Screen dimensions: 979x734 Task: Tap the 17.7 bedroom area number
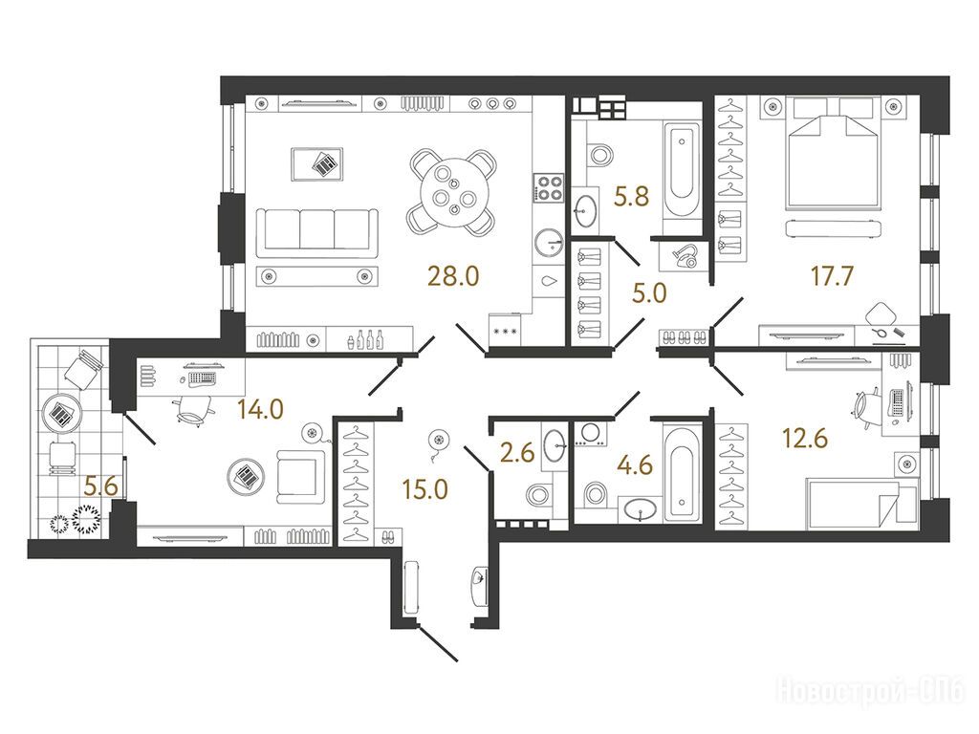[832, 275]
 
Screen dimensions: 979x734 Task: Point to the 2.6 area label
[517, 451]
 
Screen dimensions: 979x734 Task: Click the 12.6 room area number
[805, 438]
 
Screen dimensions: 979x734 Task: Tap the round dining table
[453, 191]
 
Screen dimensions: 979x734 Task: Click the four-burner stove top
[549, 187]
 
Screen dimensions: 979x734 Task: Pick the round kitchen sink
[550, 242]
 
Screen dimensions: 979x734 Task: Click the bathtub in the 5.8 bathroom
[681, 169]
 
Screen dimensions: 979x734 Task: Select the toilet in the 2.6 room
[538, 495]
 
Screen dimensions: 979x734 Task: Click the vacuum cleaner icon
[683, 256]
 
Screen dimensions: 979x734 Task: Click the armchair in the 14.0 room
[301, 476]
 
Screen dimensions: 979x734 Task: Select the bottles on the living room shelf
[365, 340]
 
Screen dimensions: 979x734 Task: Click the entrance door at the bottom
[438, 643]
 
